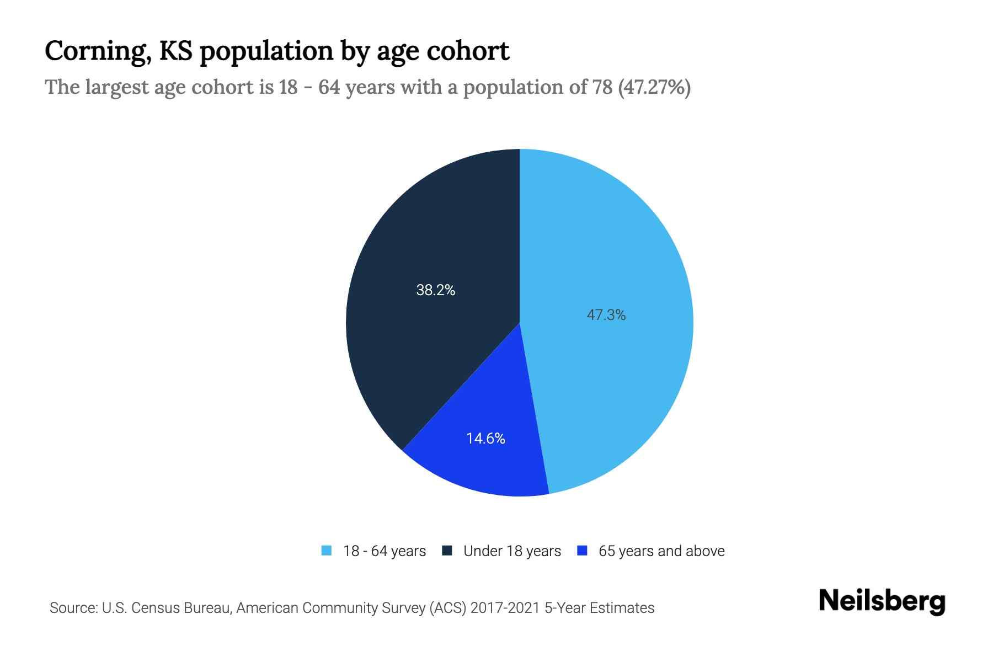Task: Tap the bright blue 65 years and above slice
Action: pyautogui.click(x=485, y=463)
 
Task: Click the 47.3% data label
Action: pyautogui.click(x=606, y=315)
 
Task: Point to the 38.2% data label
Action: pyautogui.click(x=435, y=290)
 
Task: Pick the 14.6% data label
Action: pyautogui.click(x=485, y=439)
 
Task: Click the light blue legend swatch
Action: pyautogui.click(x=327, y=551)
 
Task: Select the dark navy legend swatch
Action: pyautogui.click(x=447, y=551)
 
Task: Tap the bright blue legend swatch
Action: pyautogui.click(x=582, y=551)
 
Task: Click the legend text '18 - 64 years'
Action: pyautogui.click(x=385, y=551)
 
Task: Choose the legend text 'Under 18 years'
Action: pyautogui.click(x=512, y=551)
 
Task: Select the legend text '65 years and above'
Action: pyautogui.click(x=661, y=551)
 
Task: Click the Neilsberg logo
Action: pyautogui.click(x=882, y=602)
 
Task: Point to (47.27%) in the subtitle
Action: pyautogui.click(x=654, y=87)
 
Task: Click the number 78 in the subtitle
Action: pyautogui.click(x=602, y=87)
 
